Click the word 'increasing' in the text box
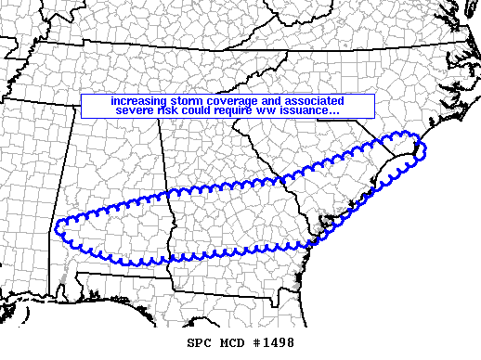click(136, 100)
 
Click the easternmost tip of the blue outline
click(422, 145)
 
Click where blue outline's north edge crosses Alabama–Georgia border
click(164, 193)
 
